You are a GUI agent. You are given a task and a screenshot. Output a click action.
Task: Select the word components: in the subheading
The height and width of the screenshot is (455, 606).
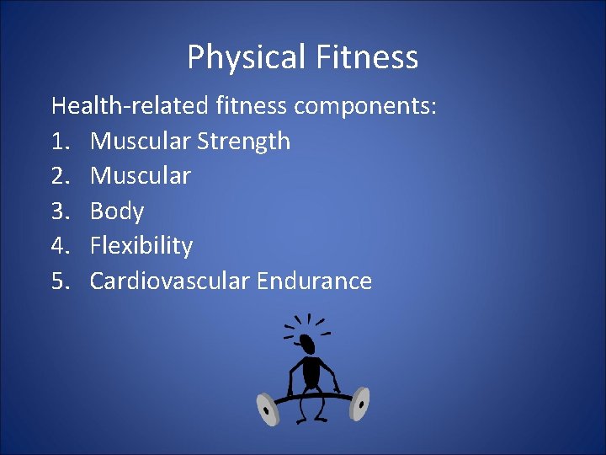coord(364,106)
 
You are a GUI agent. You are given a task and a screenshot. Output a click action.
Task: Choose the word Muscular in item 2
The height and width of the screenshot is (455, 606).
coord(140,176)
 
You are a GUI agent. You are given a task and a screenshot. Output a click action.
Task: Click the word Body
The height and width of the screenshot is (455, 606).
coord(117,211)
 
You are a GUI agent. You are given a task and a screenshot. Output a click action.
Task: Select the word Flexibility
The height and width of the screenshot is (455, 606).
coord(141,246)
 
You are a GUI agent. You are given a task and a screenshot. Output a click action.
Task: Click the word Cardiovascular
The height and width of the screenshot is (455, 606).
coord(168,281)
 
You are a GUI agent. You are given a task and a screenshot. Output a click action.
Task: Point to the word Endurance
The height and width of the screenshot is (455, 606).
coord(313,281)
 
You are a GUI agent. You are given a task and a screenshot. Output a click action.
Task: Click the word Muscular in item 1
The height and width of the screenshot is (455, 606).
coord(140,141)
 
